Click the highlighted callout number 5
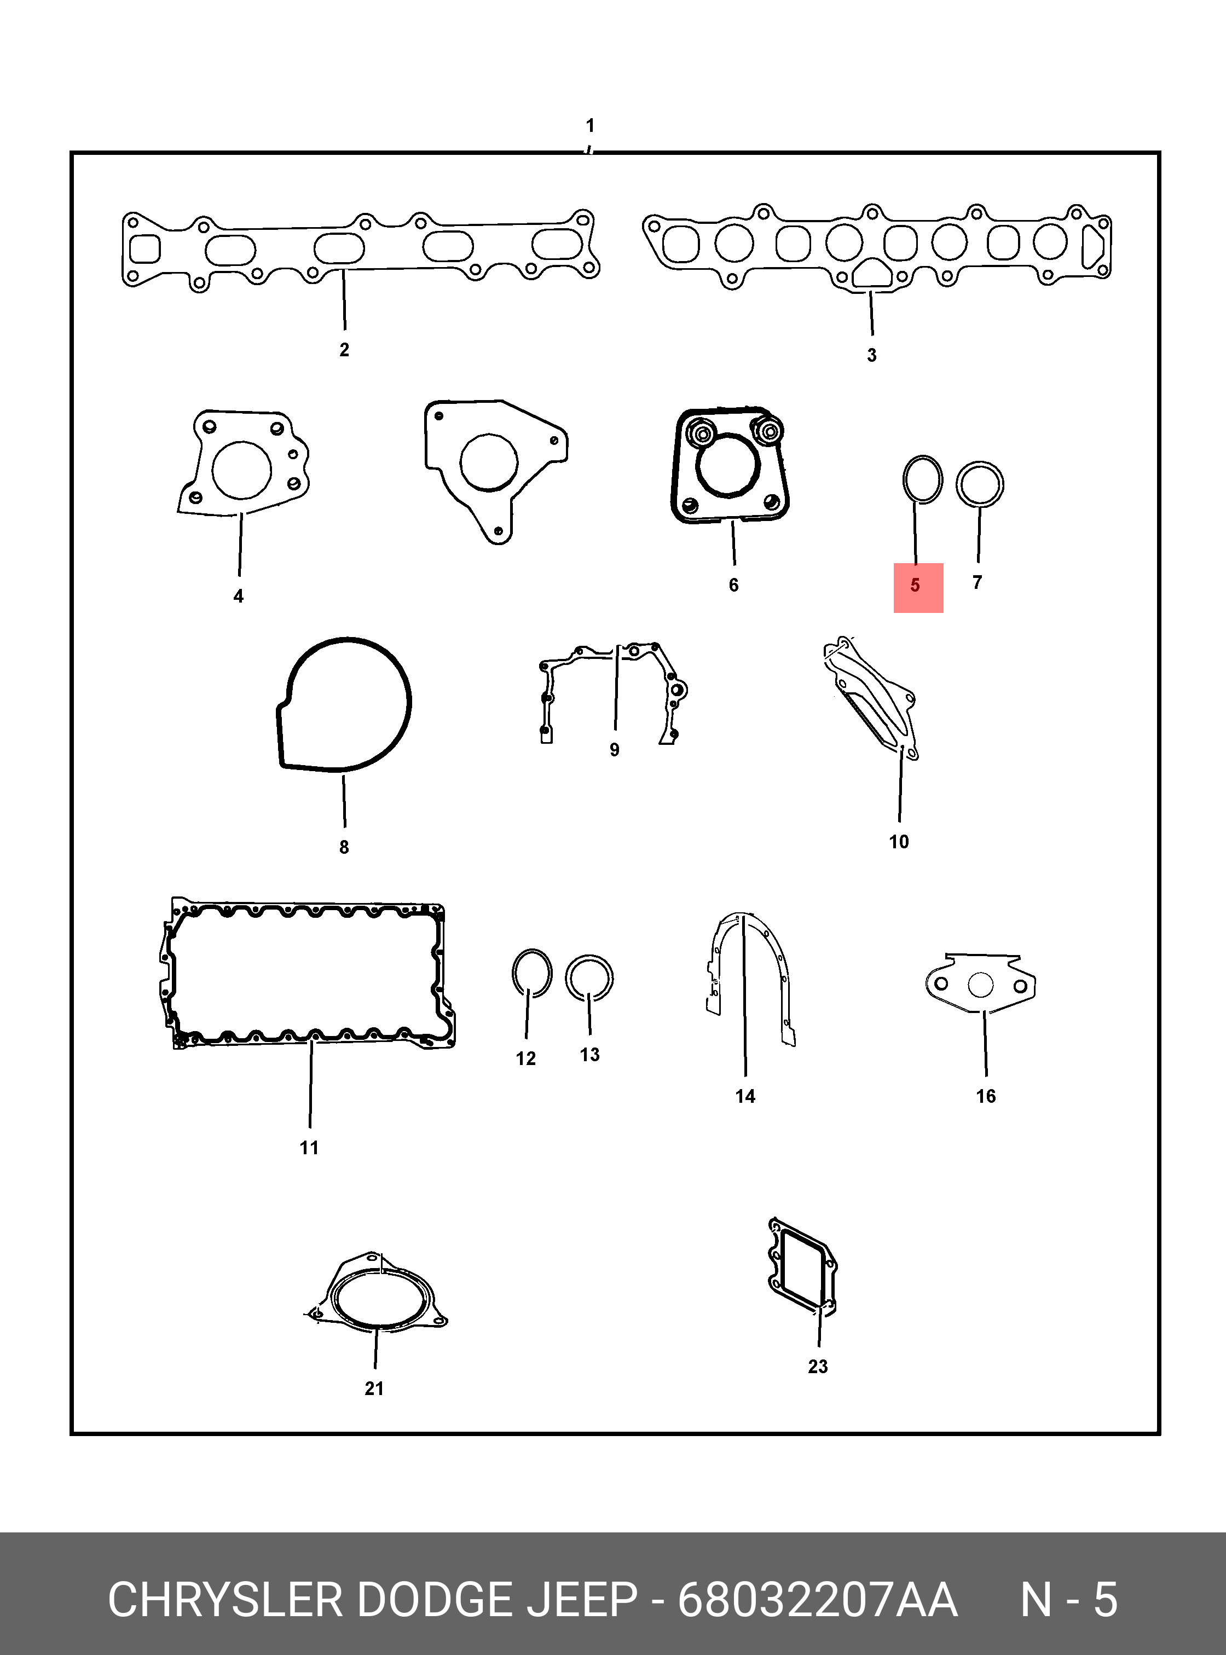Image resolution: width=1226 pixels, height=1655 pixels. (915, 586)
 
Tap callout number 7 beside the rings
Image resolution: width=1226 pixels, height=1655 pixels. (978, 583)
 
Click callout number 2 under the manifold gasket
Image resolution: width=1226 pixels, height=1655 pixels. (344, 350)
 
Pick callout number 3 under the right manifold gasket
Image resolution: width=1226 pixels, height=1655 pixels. (872, 356)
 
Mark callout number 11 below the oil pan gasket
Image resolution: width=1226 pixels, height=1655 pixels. (309, 1147)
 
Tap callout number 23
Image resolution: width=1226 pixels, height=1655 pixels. (818, 1365)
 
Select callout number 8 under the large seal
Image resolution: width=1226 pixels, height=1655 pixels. (344, 847)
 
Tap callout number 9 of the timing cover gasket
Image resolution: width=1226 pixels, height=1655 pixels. (615, 750)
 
